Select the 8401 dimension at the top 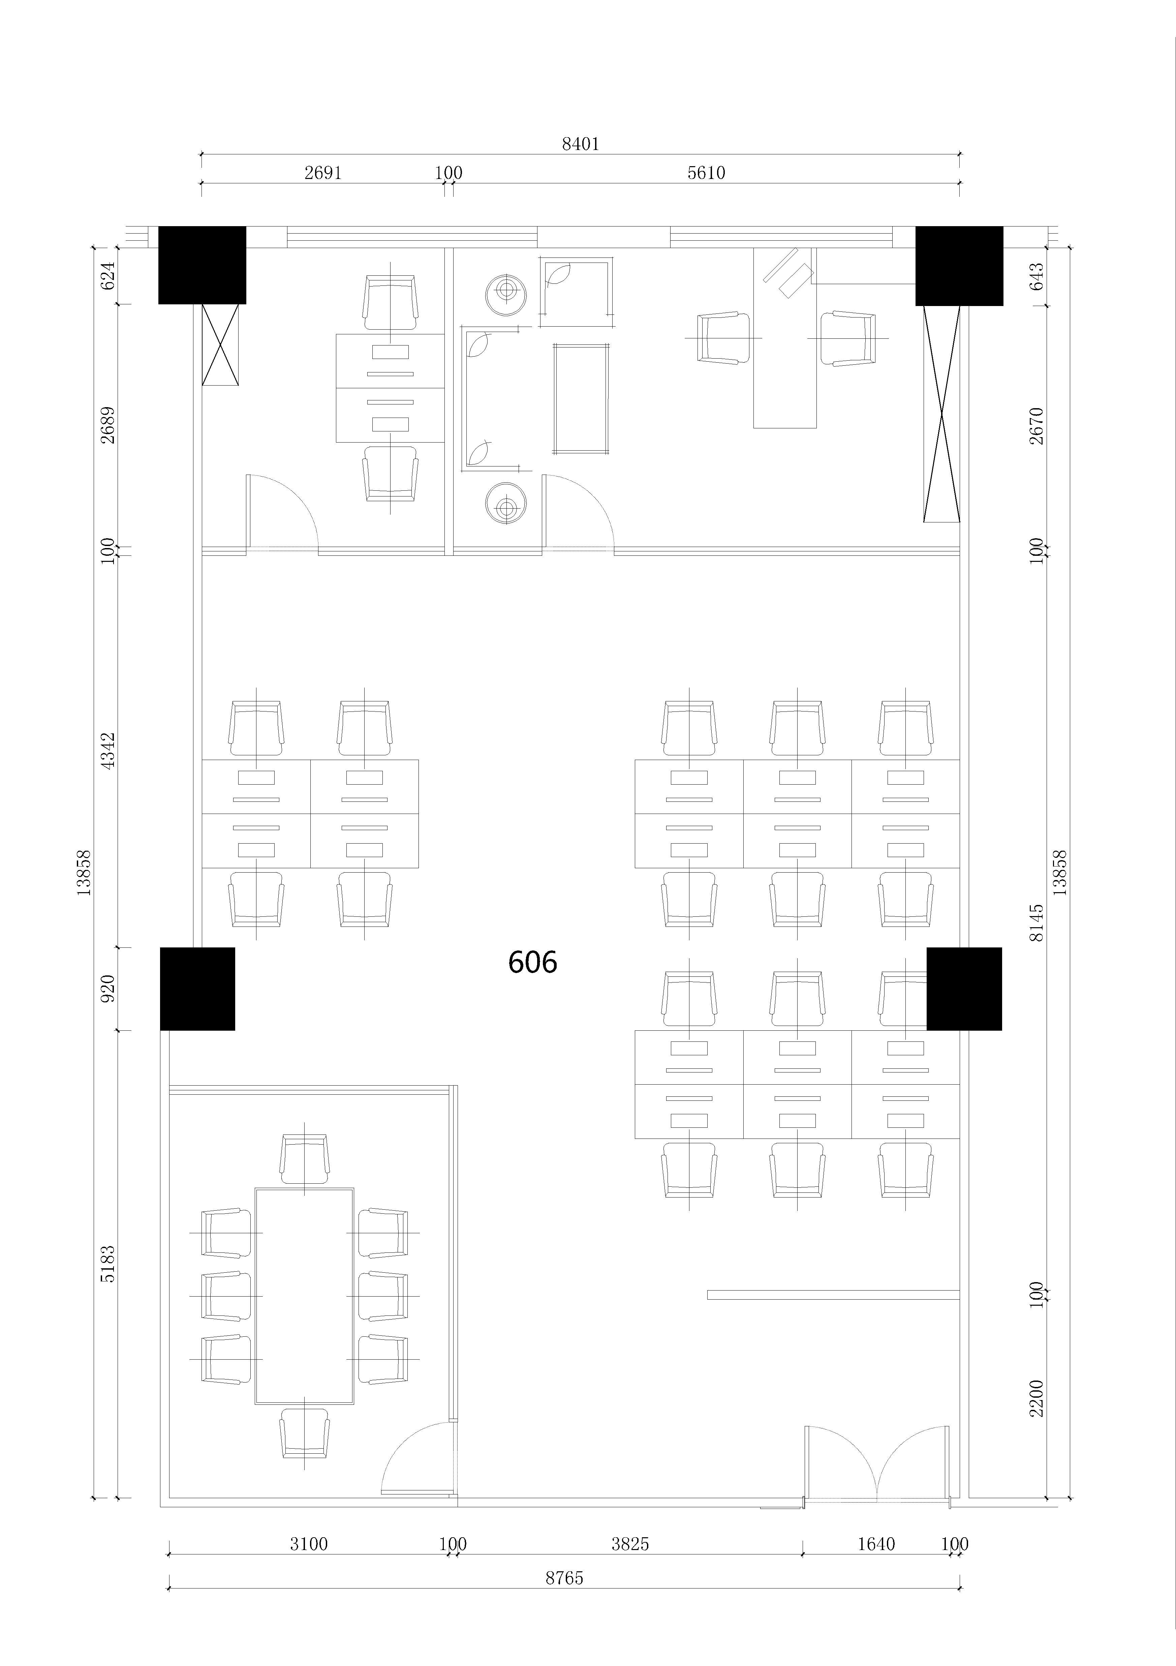(580, 144)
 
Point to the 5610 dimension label (706, 173)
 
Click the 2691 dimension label (323, 173)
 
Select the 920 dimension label (107, 988)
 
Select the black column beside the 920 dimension (197, 988)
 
